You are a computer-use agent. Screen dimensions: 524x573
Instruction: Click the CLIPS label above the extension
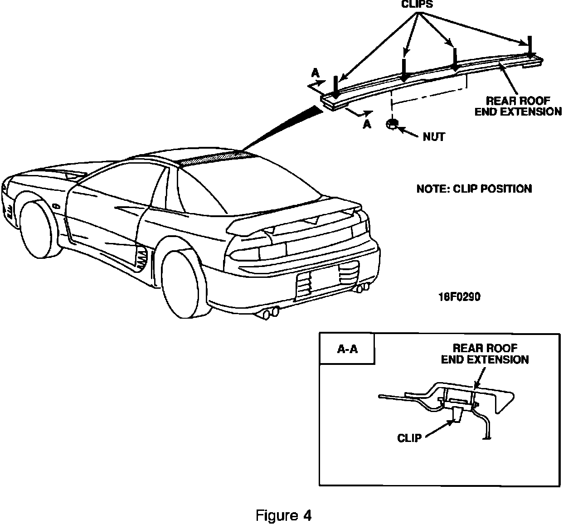[x=417, y=5]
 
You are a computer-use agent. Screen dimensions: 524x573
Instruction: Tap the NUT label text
[x=434, y=136]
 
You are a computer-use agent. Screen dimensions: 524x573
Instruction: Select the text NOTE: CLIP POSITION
[x=474, y=189]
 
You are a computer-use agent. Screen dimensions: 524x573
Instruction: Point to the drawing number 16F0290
[x=459, y=297]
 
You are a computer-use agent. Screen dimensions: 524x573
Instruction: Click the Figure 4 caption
[x=284, y=515]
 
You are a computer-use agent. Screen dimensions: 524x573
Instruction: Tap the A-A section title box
[x=347, y=349]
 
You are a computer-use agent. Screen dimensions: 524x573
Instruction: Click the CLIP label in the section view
[x=409, y=438]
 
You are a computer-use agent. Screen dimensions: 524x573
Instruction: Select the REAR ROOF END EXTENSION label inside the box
[x=485, y=354]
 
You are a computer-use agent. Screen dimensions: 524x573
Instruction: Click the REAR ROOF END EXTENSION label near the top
[x=518, y=106]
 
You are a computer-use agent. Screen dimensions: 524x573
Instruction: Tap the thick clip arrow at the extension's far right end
[x=529, y=47]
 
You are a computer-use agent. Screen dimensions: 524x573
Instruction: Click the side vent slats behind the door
[x=142, y=260]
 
